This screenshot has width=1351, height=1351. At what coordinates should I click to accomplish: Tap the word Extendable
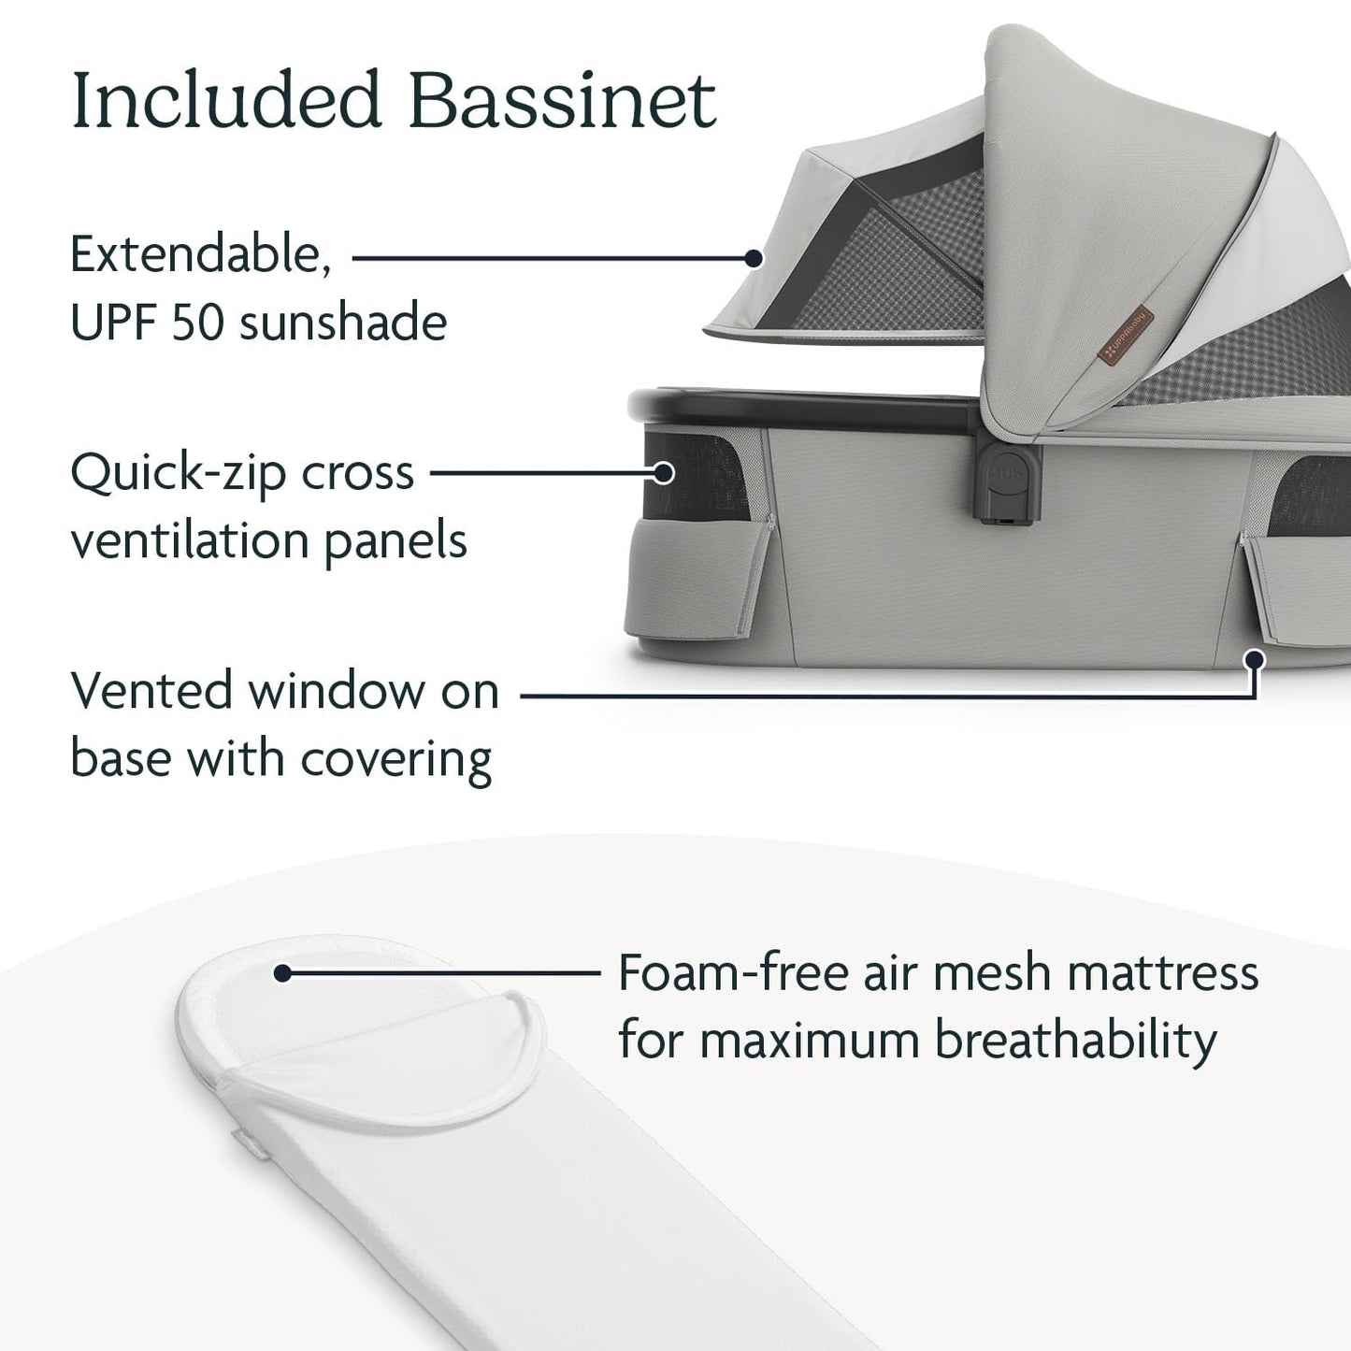(x=201, y=253)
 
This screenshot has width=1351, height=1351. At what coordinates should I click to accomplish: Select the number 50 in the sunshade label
(x=202, y=323)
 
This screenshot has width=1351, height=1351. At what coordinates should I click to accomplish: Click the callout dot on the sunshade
(x=753, y=257)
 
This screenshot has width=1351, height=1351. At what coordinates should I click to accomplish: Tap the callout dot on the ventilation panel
(x=664, y=473)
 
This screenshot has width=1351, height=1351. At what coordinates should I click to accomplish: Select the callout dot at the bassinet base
(x=1256, y=660)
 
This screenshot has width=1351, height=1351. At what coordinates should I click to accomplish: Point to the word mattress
(x=1163, y=972)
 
